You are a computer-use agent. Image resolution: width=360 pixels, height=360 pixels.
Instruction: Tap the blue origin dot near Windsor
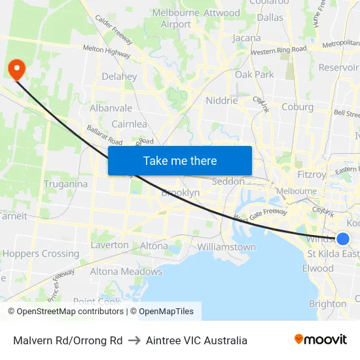click(342, 239)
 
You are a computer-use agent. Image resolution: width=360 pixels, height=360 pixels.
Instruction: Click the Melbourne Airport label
click(176, 18)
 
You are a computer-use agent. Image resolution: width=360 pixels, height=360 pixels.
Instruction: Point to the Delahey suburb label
click(119, 77)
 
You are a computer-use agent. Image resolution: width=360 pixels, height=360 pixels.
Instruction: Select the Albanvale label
click(111, 108)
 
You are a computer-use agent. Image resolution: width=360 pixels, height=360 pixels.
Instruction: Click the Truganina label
click(65, 184)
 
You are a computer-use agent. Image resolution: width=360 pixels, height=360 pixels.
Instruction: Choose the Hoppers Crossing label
click(41, 253)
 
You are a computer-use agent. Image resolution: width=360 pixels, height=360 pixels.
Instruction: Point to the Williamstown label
click(226, 247)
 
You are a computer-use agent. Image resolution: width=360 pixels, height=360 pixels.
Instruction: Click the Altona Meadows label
click(126, 271)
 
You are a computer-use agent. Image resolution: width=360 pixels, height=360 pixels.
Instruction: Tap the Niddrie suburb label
click(221, 101)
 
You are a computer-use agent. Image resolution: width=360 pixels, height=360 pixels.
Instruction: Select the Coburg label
click(298, 107)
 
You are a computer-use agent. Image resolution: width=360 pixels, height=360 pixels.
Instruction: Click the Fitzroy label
click(312, 175)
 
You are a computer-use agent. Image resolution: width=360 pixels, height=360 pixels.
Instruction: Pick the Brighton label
click(327, 304)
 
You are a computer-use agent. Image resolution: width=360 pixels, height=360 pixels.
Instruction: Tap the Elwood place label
click(317, 268)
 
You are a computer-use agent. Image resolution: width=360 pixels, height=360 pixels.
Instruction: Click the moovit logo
click(320, 340)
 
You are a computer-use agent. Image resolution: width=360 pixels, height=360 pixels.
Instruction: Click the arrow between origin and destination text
click(134, 340)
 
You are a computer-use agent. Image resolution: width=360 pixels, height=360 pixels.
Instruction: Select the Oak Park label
click(255, 75)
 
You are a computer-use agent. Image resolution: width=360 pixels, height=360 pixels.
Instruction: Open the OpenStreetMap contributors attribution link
click(70, 312)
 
